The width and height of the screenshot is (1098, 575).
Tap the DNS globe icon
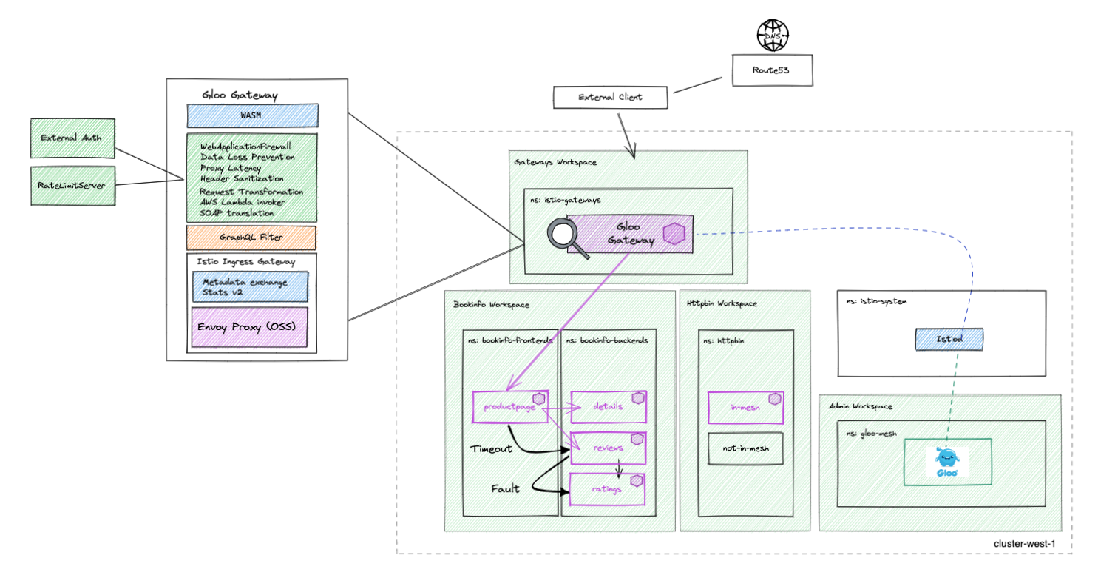[772, 34]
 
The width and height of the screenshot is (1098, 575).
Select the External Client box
[610, 97]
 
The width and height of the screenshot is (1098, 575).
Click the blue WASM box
[252, 115]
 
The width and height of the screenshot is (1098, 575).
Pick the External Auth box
[72, 138]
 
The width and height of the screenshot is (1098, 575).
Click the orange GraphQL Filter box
[251, 238]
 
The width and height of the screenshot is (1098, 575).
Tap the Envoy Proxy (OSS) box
[249, 327]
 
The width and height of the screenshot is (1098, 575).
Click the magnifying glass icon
[569, 238]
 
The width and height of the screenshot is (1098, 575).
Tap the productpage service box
[510, 406]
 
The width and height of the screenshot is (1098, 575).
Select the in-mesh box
[745, 407]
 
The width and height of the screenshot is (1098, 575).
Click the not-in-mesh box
[745, 448]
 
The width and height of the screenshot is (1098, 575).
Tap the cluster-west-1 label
[1023, 544]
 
